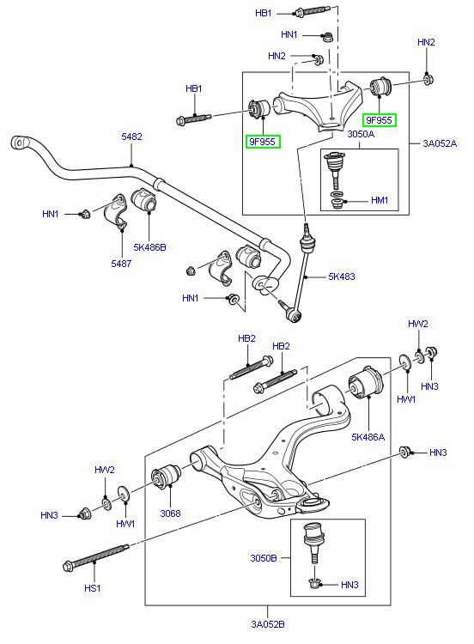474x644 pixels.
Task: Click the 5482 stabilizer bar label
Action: coord(131,137)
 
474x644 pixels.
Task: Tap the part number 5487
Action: coord(120,264)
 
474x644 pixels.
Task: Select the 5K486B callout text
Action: coord(150,247)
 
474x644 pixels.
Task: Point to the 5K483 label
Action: coord(340,276)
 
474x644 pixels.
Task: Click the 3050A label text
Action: coord(360,134)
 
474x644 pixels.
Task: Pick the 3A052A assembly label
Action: coord(439,143)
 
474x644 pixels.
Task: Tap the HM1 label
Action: coord(380,200)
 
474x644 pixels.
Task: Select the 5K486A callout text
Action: coord(368,436)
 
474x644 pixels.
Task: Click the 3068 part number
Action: coord(171,513)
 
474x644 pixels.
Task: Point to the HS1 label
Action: coord(92,588)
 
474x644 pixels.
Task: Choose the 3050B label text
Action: coord(264,558)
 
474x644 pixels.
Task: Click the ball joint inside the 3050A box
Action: coord(334,162)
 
